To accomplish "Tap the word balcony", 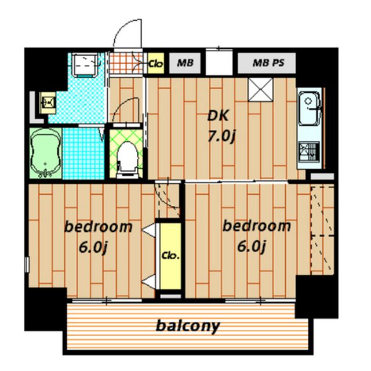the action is point(188,326).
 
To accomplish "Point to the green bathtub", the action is point(46,153).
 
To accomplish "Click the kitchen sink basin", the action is point(309,108).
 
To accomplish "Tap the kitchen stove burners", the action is point(309,151).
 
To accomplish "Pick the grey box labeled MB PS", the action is point(267,63).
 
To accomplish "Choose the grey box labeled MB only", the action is point(185,63).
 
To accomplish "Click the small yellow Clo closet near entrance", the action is point(156,63).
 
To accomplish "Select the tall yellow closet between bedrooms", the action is point(170,256).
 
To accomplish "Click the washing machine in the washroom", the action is point(85,65).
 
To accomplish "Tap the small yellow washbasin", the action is point(48,103).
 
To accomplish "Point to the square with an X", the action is point(260,89).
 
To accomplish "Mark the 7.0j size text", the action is point(221,137).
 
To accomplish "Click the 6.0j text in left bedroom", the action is point(93,248).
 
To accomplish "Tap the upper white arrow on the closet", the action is point(148,230).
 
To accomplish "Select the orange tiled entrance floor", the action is point(126,63).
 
